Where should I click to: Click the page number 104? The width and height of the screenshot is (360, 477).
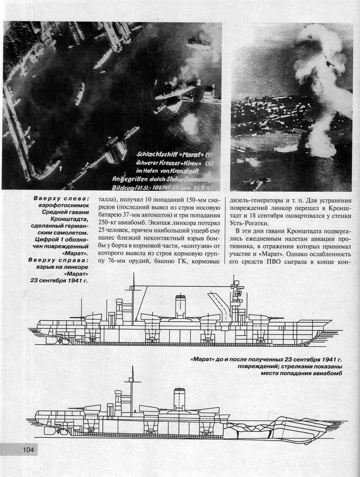(28, 450)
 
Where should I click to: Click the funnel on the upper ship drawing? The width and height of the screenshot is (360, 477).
(181, 307)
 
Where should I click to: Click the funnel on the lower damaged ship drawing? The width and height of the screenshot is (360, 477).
(179, 398)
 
